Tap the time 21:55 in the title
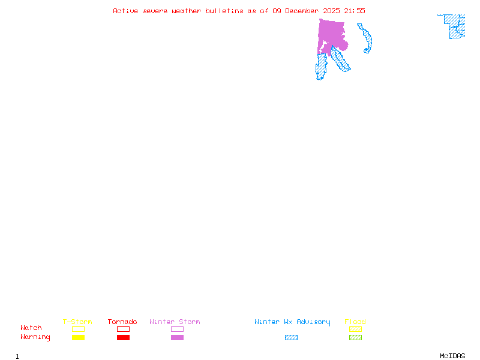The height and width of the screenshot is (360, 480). (354, 11)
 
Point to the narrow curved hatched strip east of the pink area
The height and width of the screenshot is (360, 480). (367, 40)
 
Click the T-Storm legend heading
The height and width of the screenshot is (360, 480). (77, 322)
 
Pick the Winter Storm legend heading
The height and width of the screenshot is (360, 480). (175, 322)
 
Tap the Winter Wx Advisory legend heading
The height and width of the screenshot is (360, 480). (292, 322)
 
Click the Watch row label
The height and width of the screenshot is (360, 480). (31, 328)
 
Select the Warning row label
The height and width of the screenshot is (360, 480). (35, 337)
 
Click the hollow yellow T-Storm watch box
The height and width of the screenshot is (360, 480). (78, 329)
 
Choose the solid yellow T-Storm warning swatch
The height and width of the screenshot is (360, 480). (78, 337)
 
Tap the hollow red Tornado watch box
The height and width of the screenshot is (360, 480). (123, 329)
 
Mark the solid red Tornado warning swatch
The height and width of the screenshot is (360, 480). (123, 337)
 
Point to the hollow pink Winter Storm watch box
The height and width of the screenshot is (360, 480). (177, 329)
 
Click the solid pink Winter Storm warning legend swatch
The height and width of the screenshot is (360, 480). (177, 337)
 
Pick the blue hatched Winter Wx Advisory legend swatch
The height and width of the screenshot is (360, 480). (291, 337)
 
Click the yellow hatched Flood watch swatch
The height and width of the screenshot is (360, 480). (355, 329)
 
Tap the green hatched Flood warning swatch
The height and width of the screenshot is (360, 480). (355, 337)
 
